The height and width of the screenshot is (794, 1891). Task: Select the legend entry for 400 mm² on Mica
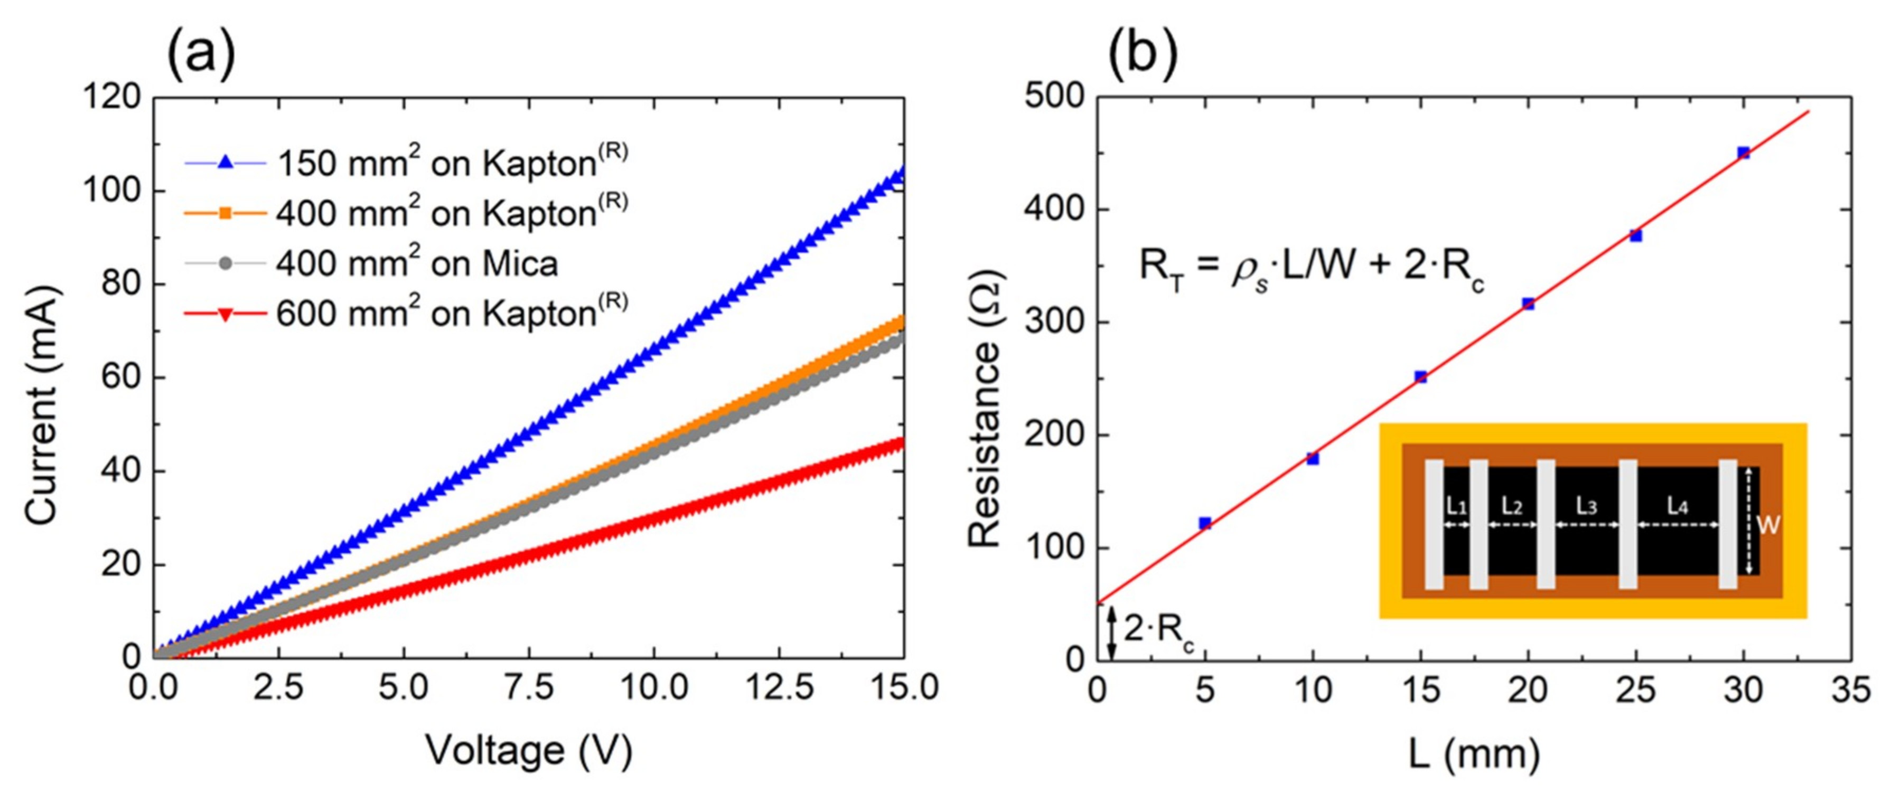tap(416, 263)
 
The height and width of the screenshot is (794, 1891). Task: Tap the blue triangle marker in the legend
tap(226, 163)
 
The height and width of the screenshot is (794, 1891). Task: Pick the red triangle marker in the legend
tap(226, 314)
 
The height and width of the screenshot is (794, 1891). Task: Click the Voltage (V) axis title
tap(529, 751)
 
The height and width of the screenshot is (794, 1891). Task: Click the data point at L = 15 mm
tap(1420, 376)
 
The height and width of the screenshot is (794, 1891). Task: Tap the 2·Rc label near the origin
tap(1158, 630)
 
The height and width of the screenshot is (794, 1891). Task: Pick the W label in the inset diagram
tap(1768, 525)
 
